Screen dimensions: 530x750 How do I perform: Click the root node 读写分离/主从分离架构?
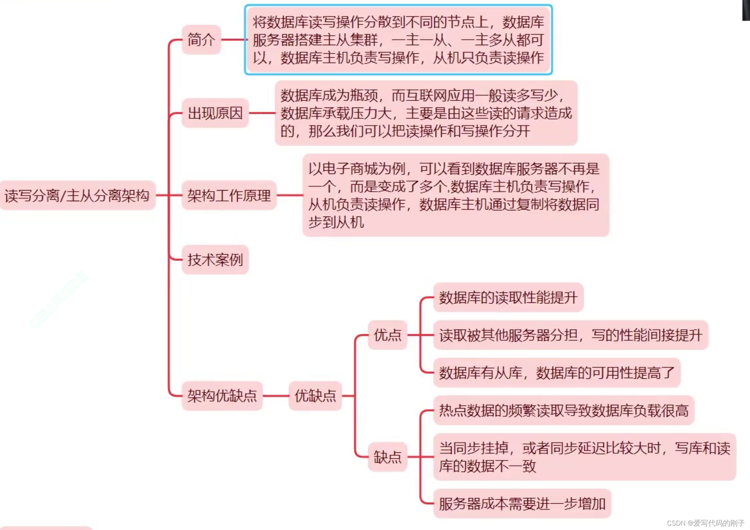point(77,195)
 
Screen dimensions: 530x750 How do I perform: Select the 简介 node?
point(201,40)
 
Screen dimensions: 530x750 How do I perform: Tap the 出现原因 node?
point(215,113)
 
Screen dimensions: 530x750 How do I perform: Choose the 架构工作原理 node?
point(229,195)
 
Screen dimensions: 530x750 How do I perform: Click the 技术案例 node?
point(215,260)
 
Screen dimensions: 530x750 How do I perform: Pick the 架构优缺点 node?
point(222,396)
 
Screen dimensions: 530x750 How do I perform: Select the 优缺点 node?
point(315,396)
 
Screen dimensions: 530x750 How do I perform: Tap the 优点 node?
point(387,335)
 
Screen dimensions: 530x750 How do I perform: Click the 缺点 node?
point(387,457)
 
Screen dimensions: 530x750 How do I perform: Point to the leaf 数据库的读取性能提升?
point(508,297)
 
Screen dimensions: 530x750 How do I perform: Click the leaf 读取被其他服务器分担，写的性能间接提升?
point(571,335)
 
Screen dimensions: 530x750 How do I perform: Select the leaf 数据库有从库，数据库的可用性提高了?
point(557,373)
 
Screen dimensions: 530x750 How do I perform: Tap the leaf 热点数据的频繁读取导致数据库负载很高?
point(564,410)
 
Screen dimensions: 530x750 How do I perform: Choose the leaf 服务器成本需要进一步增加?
point(522,504)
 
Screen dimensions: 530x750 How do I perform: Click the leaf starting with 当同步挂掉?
point(585,457)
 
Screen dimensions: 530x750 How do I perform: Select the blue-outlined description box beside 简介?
point(398,40)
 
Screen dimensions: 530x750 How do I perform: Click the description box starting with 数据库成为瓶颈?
point(426,113)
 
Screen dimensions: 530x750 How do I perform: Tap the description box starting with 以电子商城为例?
point(456,195)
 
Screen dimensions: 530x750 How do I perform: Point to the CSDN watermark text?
point(705,523)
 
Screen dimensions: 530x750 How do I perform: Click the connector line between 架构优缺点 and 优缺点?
point(276,396)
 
